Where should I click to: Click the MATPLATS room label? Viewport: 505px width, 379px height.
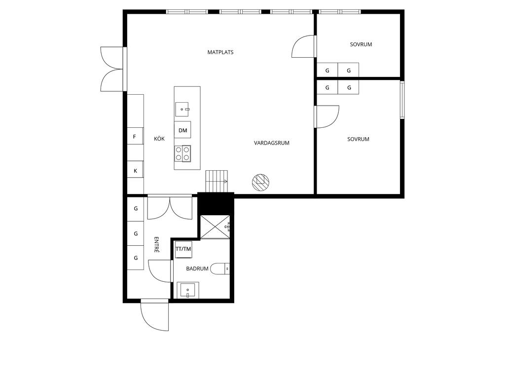(220, 52)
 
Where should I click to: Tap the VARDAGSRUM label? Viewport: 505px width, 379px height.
(272, 143)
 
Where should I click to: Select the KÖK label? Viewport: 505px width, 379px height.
(159, 139)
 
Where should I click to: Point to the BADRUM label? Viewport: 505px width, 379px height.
(197, 268)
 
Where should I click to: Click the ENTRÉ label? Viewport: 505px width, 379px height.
(156, 245)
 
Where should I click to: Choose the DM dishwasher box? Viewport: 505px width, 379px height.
(182, 130)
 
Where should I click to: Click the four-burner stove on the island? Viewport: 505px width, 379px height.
(182, 153)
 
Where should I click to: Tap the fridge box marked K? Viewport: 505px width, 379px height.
(135, 170)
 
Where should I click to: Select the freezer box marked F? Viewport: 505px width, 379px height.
(135, 137)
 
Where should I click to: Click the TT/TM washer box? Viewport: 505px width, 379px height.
(183, 249)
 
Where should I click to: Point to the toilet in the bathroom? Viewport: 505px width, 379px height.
(220, 268)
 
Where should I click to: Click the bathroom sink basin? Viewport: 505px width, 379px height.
(188, 290)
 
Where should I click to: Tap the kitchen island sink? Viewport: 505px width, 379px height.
(182, 109)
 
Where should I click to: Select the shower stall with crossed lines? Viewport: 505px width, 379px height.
(215, 227)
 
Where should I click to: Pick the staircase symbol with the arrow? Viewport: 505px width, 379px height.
(217, 181)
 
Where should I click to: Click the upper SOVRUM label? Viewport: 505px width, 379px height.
(361, 44)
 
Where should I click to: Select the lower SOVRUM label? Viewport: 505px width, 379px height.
(358, 139)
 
